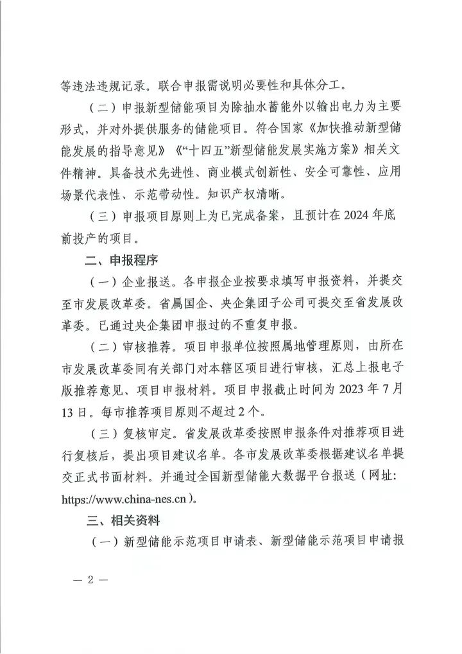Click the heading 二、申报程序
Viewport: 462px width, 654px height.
[x=113, y=260]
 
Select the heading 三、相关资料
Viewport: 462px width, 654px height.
[x=113, y=518]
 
